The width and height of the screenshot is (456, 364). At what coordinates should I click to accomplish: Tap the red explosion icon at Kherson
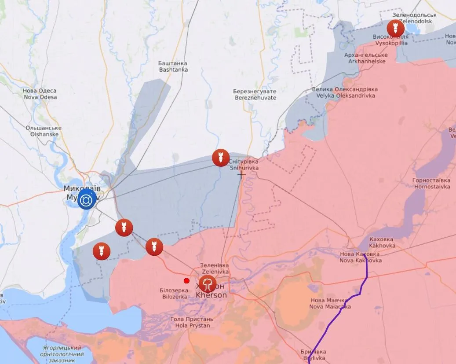click(x=207, y=284)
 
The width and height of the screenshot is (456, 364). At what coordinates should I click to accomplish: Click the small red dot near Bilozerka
click(x=187, y=281)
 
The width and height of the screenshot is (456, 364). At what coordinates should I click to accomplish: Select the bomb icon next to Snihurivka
click(x=221, y=158)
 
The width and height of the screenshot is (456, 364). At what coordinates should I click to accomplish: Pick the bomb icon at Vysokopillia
click(x=395, y=29)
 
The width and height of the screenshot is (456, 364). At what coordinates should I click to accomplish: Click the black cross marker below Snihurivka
click(x=241, y=174)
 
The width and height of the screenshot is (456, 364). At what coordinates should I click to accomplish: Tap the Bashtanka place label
click(x=173, y=66)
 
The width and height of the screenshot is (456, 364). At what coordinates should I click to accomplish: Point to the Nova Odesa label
click(x=40, y=94)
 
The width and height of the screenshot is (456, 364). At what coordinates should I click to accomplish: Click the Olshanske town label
click(x=43, y=131)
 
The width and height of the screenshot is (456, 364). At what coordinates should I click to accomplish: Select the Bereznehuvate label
click(x=255, y=95)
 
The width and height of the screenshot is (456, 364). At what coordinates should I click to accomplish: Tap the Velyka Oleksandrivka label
click(x=344, y=92)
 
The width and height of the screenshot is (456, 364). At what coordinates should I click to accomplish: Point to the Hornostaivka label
click(x=431, y=184)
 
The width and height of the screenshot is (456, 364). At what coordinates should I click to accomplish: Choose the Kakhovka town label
click(x=381, y=242)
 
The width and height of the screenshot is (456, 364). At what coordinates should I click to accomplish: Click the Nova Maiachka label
click(x=330, y=303)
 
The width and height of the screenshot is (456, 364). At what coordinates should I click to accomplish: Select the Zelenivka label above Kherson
click(x=214, y=268)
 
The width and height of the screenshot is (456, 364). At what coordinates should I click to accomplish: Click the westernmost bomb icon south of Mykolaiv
click(x=102, y=251)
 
